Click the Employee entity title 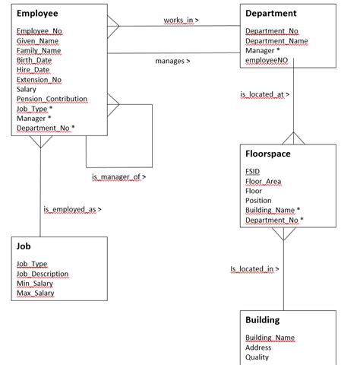[x=37, y=14]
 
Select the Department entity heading [x=271, y=14]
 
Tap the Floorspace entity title [x=268, y=154]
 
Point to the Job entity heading [x=24, y=246]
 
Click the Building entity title [x=263, y=320]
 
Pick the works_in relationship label [x=181, y=20]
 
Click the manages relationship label [x=172, y=61]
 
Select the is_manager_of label [x=118, y=176]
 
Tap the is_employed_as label [x=72, y=209]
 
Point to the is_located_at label [x=264, y=94]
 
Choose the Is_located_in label [x=254, y=268]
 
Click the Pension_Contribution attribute [x=52, y=99]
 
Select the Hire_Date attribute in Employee [x=33, y=70]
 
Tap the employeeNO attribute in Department [x=267, y=60]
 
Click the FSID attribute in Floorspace [x=252, y=172]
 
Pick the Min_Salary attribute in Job [x=35, y=284]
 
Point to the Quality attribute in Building [x=257, y=357]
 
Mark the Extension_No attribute [x=39, y=80]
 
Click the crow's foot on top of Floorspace [x=293, y=138]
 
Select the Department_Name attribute [x=276, y=41]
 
